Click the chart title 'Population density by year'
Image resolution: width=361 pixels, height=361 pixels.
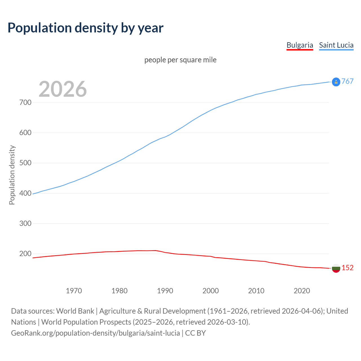click(x=85, y=28)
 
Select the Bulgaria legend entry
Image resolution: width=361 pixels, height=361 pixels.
click(x=300, y=45)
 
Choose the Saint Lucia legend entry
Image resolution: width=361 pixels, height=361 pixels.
click(x=336, y=45)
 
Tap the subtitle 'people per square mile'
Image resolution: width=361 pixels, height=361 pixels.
click(x=180, y=60)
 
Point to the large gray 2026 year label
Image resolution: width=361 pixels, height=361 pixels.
click(x=63, y=89)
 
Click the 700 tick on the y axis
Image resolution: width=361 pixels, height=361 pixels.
click(x=25, y=102)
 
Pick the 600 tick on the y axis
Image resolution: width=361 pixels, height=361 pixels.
click(x=25, y=133)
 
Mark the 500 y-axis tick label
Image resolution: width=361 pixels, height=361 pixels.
click(x=25, y=163)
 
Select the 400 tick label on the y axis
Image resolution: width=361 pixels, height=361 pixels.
click(x=25, y=193)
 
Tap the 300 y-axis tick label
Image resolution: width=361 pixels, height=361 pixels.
click(x=25, y=223)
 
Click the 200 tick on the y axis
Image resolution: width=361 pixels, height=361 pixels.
click(x=25, y=254)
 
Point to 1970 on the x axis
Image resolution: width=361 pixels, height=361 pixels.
click(x=74, y=290)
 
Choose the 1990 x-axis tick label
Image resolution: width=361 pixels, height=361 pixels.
click(x=165, y=290)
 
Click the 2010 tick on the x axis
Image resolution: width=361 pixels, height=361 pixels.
click(x=256, y=290)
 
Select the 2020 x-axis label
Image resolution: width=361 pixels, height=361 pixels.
click(x=302, y=290)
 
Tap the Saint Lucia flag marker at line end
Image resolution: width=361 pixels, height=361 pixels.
click(x=336, y=82)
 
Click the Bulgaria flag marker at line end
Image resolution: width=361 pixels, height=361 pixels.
click(x=336, y=268)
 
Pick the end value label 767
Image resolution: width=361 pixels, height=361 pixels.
click(x=347, y=81)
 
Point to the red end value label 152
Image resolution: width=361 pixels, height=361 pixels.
click(x=347, y=268)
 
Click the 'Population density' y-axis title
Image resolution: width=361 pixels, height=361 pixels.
click(x=12, y=175)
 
